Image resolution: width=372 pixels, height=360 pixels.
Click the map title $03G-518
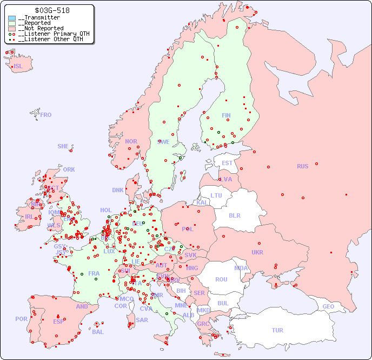[51, 10]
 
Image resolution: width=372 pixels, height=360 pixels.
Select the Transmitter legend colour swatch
[12, 18]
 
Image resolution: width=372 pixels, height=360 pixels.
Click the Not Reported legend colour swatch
[12, 28]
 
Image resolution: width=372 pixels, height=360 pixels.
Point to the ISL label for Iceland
[18, 67]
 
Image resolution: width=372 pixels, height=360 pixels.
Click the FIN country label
[226, 115]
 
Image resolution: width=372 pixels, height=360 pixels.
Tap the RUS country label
[302, 166]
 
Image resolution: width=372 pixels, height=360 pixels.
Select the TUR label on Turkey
[277, 330]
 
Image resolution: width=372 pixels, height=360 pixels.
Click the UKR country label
[257, 252]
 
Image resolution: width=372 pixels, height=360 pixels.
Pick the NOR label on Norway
[131, 141]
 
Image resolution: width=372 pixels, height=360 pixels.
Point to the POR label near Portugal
[21, 319]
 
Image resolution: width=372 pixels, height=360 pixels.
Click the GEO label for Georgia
[328, 306]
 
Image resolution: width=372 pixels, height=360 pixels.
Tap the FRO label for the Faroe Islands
[46, 115]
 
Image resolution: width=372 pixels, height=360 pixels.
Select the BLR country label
[234, 215]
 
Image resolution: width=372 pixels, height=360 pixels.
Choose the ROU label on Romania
[221, 279]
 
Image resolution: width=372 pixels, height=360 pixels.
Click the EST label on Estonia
[227, 163]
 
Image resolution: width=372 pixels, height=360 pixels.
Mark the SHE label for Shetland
[63, 146]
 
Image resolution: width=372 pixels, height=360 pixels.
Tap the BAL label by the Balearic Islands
[98, 332]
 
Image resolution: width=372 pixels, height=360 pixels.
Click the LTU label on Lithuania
[216, 195]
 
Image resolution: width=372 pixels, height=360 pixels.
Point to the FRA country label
[94, 273]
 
